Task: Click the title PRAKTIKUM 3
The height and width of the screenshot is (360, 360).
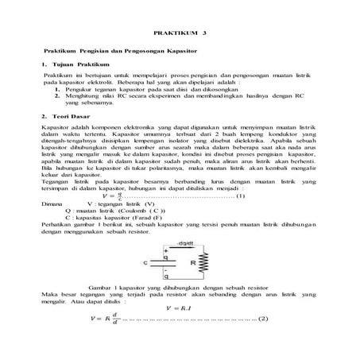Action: pos(180,35)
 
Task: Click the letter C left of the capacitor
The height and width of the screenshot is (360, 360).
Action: pos(145,262)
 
